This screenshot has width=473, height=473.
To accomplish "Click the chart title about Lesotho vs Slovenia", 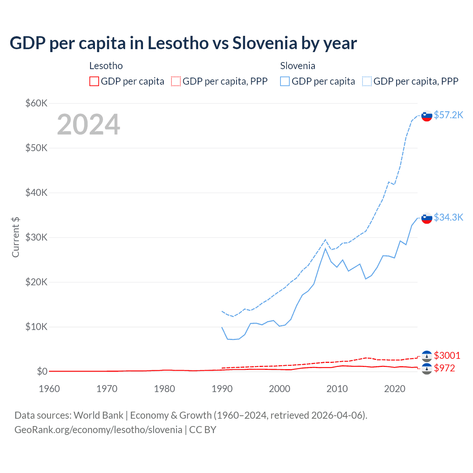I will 183,43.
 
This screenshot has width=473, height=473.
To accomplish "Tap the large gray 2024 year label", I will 88,125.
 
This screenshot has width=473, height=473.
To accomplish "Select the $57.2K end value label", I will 448,115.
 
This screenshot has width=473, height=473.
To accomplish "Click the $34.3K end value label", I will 448,217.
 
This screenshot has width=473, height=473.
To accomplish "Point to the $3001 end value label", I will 447,355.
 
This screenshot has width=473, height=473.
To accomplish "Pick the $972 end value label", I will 444,368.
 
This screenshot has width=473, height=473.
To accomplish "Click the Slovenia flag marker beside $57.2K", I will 427,116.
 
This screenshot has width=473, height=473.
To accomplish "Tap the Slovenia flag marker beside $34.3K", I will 427,218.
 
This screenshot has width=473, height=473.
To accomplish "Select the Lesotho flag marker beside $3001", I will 427,356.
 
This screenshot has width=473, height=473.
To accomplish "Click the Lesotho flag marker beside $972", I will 427,368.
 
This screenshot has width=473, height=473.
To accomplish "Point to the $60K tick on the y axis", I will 36,103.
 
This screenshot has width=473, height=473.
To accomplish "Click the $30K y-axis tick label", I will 36,237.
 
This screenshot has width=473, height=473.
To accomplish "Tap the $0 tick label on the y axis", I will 42,371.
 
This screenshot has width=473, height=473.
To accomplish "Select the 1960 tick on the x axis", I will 49,389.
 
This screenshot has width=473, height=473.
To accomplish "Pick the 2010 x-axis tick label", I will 337,389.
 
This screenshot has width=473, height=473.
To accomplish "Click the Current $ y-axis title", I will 16,237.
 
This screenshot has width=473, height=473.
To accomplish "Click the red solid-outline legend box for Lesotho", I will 94,81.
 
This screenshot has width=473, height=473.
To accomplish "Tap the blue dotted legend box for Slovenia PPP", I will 367,81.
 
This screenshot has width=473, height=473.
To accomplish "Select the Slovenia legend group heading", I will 297,66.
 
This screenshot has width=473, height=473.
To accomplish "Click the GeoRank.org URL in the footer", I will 98,430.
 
